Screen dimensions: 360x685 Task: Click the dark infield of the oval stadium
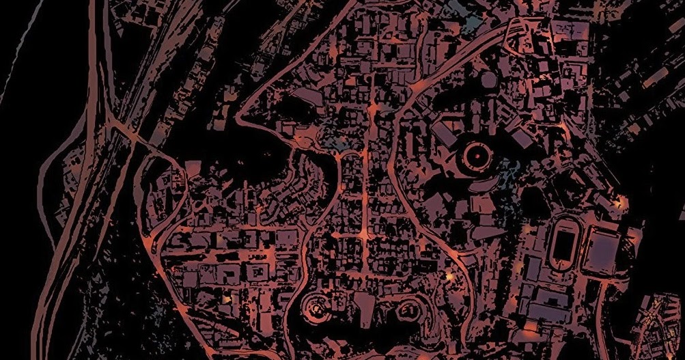pos(562,243)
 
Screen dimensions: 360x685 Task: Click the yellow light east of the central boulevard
pos(449,276)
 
